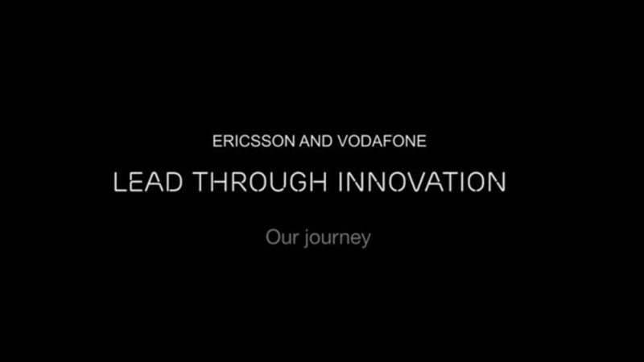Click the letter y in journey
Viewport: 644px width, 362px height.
(x=365, y=241)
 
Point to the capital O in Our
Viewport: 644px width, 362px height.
(x=272, y=238)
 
